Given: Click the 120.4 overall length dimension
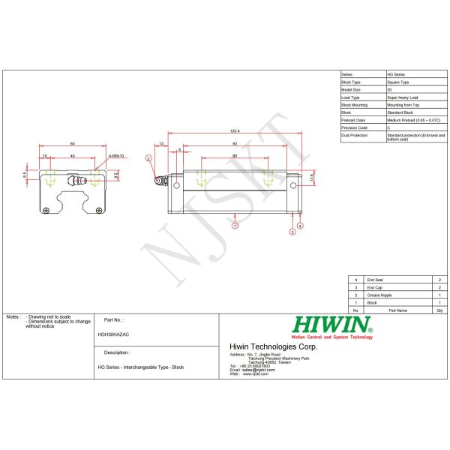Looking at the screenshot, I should point(235,132).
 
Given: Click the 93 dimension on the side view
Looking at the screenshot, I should point(235,142).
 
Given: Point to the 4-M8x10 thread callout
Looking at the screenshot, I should point(116,156).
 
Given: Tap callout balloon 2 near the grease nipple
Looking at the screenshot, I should point(148,159).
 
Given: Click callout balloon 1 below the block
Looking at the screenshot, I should point(235,224).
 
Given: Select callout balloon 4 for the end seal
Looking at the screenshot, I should point(300,225).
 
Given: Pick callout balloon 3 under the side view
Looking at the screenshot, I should point(292,232).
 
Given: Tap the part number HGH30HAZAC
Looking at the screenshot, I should point(113,334).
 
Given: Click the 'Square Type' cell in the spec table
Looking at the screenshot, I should point(398,82).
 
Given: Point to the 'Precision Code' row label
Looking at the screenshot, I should point(355,127).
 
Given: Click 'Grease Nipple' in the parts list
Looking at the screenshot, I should point(379,295).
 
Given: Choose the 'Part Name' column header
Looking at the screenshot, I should point(397,309).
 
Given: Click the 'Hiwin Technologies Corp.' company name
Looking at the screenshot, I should point(273,346).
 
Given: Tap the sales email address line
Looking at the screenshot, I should point(248,370).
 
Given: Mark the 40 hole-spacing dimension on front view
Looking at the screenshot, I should point(73,156).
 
